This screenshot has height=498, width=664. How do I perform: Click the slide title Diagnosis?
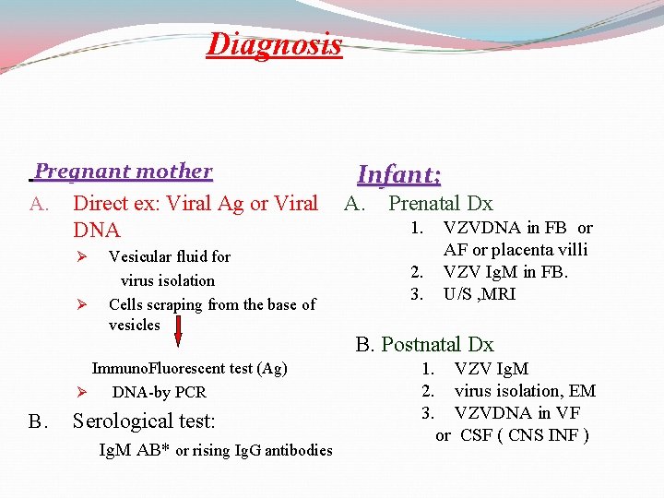point(274,43)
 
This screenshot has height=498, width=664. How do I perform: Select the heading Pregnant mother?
point(124,172)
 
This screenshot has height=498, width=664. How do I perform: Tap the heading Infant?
point(398,174)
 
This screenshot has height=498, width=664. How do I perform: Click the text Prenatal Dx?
point(440,204)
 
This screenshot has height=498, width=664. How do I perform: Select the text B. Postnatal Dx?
point(425,345)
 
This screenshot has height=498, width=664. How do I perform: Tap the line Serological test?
point(143,421)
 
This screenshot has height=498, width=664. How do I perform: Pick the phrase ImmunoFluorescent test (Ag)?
point(190,369)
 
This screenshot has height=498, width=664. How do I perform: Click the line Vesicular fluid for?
point(170,256)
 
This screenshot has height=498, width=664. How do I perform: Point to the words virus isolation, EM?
point(525,391)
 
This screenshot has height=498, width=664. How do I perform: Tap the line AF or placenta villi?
point(515,250)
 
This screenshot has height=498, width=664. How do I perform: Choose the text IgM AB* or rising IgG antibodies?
point(215,451)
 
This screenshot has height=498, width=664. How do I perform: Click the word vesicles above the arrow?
point(135,325)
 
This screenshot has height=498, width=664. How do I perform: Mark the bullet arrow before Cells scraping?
point(81,304)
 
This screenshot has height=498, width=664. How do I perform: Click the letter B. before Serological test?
point(38,422)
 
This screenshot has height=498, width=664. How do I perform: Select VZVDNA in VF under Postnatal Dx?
point(516,413)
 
